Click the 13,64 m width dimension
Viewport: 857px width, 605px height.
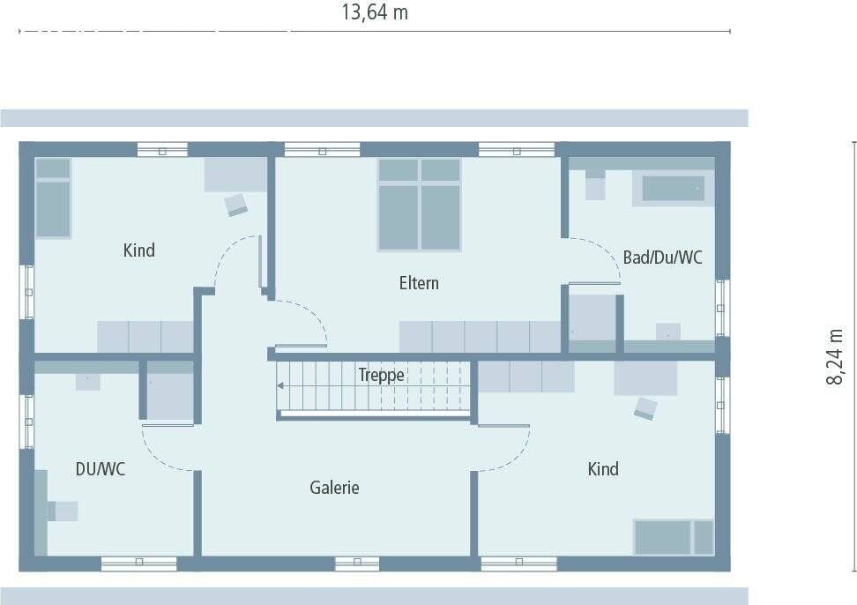[374, 12]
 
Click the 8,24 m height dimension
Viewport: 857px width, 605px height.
[836, 356]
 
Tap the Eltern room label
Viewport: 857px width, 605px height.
[419, 283]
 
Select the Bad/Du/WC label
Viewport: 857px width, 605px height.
[662, 258]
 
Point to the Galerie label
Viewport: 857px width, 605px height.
[334, 488]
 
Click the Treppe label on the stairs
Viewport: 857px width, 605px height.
[381, 375]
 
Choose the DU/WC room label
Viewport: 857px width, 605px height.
[100, 469]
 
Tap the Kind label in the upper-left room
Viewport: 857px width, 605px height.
[138, 250]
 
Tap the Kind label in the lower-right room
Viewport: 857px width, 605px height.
[603, 469]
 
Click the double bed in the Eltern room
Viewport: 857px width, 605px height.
[420, 205]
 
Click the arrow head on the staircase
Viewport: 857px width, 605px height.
[280, 385]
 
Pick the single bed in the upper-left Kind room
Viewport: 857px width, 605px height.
[53, 198]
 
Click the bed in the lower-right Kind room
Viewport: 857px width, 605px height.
[673, 537]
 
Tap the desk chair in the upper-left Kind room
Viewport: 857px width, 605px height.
[235, 205]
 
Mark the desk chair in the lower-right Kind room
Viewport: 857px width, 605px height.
[645, 407]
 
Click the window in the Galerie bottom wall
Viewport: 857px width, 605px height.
[357, 562]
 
